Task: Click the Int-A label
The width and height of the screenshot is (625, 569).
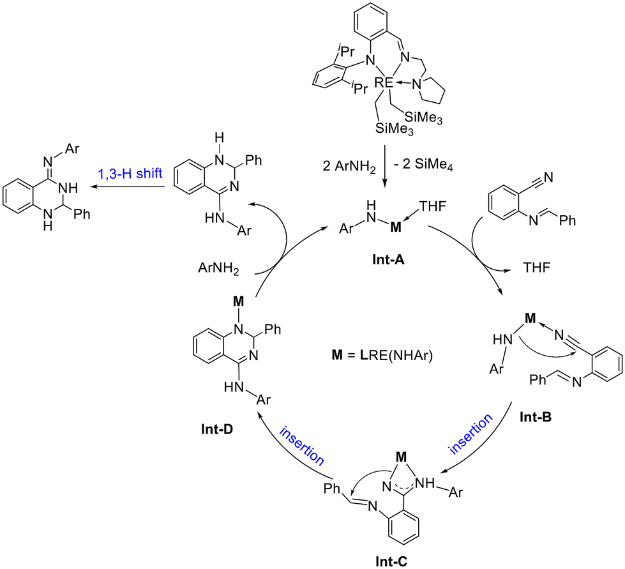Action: pos(388,260)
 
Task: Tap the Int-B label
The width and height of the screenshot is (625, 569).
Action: pos(536,417)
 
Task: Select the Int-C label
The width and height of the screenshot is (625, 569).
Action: pos(391,561)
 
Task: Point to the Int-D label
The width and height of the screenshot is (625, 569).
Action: pos(217,429)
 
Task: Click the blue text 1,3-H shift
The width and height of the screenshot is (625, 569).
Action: pos(130,173)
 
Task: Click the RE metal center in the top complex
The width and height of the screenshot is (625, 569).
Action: pos(384,82)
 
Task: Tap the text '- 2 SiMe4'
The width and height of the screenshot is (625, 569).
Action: pos(423,165)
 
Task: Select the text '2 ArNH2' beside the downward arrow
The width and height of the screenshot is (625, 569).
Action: pos(349,166)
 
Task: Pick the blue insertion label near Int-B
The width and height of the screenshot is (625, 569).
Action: pos(471,434)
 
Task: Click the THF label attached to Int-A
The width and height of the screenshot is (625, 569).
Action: pos(432,206)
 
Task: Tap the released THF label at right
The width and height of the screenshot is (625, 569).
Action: pos(536,268)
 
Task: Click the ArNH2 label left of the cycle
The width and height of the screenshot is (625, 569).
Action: pos(218,269)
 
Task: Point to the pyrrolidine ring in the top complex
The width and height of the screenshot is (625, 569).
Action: pos(433,90)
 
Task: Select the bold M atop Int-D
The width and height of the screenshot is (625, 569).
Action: pos(238,301)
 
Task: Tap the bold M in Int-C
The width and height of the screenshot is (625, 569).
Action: pos(401,457)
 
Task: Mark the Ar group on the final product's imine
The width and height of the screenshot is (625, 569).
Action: pos(72,149)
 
